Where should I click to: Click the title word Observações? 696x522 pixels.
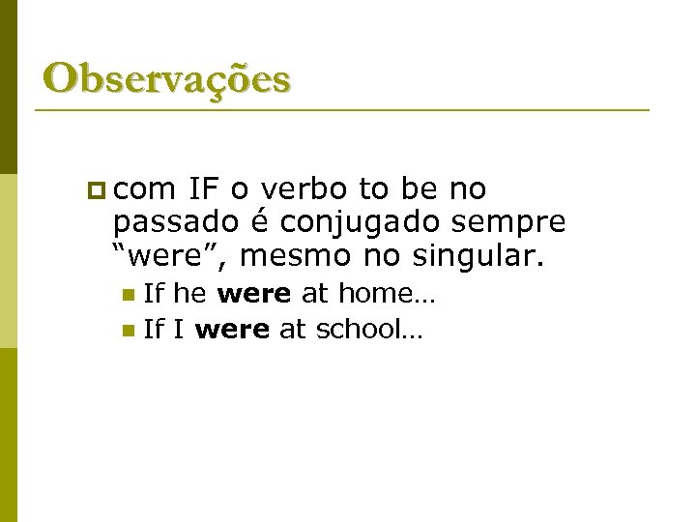(x=166, y=78)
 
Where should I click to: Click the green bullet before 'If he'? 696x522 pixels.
(x=129, y=294)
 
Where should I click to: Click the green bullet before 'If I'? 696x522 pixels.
(x=129, y=331)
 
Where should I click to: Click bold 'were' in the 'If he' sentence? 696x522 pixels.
(x=254, y=294)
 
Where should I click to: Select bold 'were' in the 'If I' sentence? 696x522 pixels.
(x=232, y=330)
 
